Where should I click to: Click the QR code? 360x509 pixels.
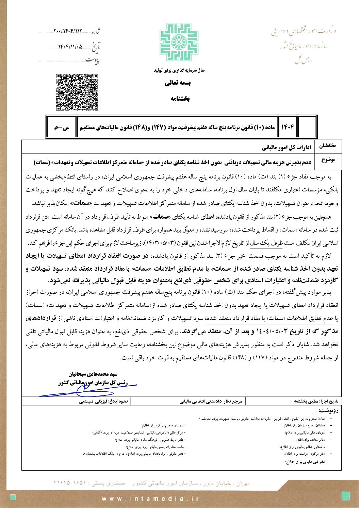click(77, 92)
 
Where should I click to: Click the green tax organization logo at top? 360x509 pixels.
click(179, 43)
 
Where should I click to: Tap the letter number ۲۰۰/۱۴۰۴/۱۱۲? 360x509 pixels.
click(68, 31)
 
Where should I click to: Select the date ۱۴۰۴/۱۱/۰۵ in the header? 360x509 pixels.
click(70, 46)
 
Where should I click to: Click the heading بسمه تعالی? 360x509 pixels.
click(178, 83)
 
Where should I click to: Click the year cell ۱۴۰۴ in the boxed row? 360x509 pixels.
click(288, 127)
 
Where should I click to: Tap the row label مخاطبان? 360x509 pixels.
click(327, 146)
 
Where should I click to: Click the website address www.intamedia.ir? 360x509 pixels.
click(150, 499)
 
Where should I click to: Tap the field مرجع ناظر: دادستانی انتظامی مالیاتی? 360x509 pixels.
click(211, 401)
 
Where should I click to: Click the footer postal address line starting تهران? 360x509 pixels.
click(151, 483)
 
